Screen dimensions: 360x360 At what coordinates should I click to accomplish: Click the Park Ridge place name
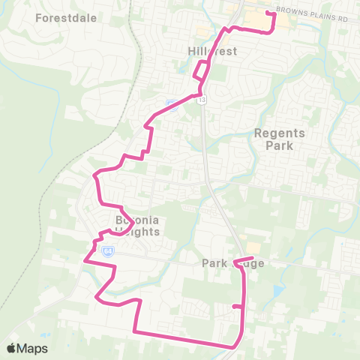tap(234, 263)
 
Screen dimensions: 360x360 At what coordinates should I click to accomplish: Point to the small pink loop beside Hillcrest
tap(200, 70)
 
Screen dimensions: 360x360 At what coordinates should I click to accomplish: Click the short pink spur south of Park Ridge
tap(237, 306)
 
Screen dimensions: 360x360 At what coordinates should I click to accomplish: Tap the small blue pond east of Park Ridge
tap(279, 290)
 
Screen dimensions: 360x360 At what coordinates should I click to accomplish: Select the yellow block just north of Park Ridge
tap(253, 247)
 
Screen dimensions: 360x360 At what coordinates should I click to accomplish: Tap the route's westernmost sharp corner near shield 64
tap(84, 261)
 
